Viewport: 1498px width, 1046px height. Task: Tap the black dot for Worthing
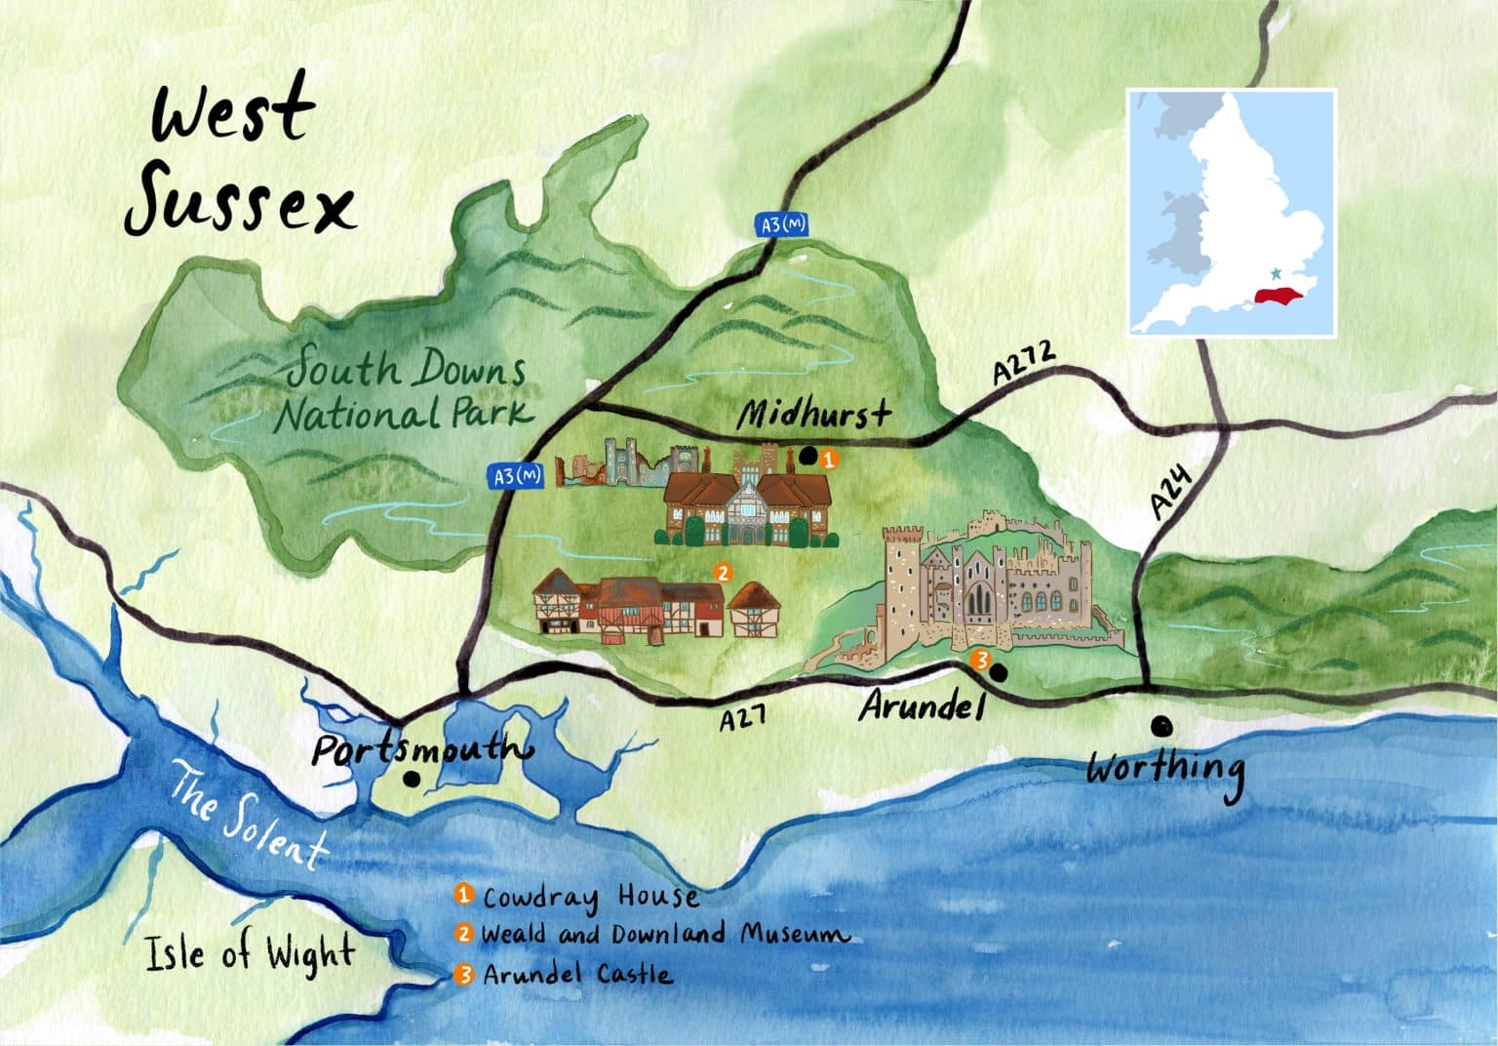tap(1161, 725)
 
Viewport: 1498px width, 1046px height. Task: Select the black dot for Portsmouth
tap(412, 779)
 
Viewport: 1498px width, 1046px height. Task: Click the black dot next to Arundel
tap(999, 671)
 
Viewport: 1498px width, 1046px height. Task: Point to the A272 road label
tap(1024, 361)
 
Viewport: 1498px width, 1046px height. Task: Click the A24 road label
tap(1171, 493)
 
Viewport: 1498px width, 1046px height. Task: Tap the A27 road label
tap(741, 720)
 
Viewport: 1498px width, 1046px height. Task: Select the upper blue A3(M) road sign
tap(782, 225)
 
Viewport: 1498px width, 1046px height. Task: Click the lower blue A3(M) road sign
tap(515, 476)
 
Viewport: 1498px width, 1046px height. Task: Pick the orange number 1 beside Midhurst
tap(826, 457)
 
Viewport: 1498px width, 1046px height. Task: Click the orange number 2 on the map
tap(722, 572)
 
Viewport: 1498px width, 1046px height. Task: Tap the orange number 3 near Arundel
tap(982, 660)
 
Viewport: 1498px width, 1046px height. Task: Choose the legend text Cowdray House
tap(591, 897)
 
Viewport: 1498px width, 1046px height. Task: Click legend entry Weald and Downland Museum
tap(663, 935)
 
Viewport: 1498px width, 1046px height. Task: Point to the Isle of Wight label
tap(250, 953)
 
